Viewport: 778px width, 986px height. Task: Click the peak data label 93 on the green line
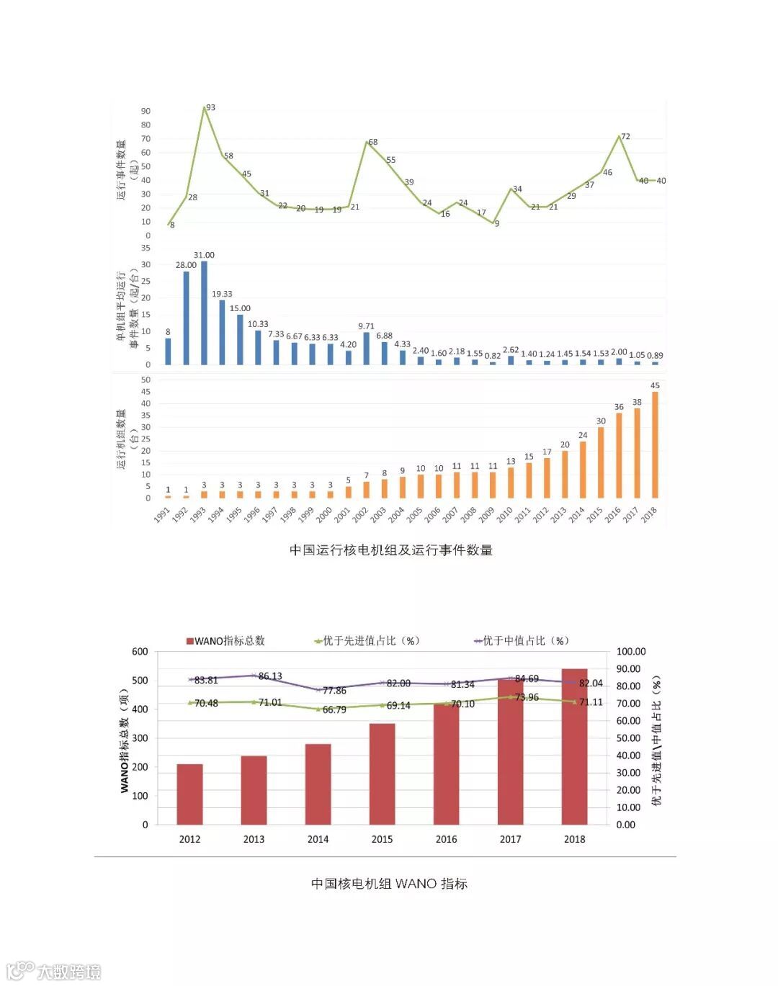[x=210, y=107]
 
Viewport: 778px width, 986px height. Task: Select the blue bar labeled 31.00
[x=204, y=313]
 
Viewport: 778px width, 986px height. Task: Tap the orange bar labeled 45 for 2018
[x=655, y=444]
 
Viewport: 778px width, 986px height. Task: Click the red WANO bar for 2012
[x=189, y=794]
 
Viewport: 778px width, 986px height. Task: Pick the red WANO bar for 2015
[x=382, y=774]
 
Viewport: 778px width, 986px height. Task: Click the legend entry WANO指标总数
[x=225, y=640]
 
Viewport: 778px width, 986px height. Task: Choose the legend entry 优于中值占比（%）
[x=522, y=640]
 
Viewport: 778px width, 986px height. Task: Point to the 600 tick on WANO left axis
[x=140, y=651]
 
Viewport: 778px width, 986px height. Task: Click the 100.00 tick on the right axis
[x=631, y=651]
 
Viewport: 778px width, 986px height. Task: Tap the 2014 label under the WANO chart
[x=318, y=839]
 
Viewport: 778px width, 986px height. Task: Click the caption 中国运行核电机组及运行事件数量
[x=390, y=550]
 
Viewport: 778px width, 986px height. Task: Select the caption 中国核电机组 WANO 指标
[x=389, y=884]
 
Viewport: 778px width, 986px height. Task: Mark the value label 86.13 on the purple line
[x=270, y=676]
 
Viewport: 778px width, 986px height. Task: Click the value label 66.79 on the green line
[x=334, y=709]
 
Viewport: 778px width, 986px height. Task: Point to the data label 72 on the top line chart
[x=625, y=136]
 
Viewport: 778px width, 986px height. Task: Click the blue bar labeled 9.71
[x=366, y=348]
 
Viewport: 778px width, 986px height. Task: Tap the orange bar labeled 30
[x=601, y=462]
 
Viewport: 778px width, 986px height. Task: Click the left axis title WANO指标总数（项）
[x=125, y=740]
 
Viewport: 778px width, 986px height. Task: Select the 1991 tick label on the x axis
[x=162, y=514]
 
